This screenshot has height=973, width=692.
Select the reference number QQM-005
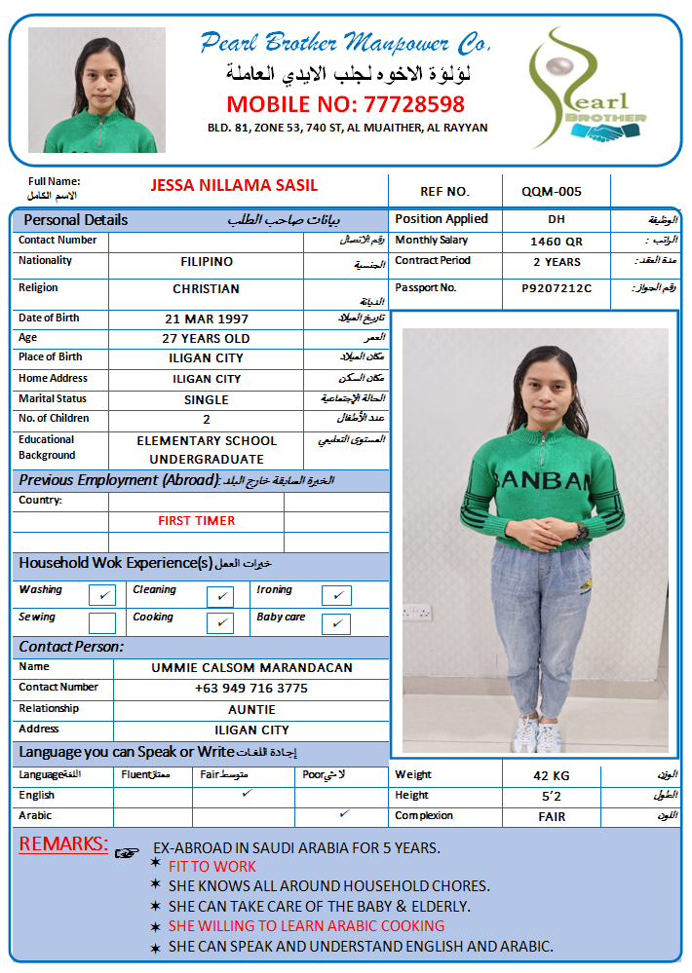(551, 192)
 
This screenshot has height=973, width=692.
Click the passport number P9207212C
(557, 288)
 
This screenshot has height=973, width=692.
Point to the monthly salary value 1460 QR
(557, 242)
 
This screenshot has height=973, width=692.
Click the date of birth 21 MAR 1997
(207, 318)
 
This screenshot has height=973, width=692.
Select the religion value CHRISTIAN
(207, 289)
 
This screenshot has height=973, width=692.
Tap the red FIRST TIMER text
(196, 521)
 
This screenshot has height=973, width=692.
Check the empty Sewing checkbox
(102, 622)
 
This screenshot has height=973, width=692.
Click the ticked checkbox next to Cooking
(220, 622)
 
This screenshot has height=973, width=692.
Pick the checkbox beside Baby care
(335, 622)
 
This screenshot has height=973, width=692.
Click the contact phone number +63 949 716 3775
(251, 689)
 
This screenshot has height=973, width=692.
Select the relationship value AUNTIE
(251, 709)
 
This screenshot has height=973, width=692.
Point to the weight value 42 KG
(552, 776)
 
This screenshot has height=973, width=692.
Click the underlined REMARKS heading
(63, 844)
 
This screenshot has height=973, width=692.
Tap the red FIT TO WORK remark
(212, 867)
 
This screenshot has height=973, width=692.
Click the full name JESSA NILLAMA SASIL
(234, 185)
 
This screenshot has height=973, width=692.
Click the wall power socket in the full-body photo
(417, 614)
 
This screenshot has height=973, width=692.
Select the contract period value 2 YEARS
(557, 262)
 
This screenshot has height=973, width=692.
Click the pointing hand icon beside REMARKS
(127, 852)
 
